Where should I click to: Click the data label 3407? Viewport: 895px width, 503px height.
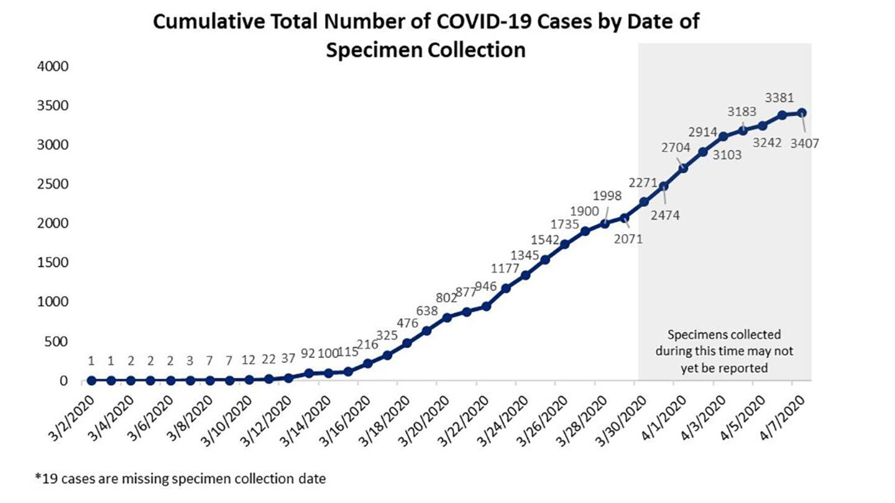pos(805,143)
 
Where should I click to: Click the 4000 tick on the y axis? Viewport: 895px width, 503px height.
pos(55,66)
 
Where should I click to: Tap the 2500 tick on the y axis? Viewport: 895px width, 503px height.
pos(55,184)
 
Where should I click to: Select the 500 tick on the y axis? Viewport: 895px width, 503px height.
pos(57,342)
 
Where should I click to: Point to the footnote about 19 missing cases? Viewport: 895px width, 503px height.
pos(180,479)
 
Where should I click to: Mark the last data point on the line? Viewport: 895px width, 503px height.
pos(802,112)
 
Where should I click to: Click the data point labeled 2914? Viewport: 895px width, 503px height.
pos(703,152)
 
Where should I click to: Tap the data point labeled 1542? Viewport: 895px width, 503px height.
pos(545,260)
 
